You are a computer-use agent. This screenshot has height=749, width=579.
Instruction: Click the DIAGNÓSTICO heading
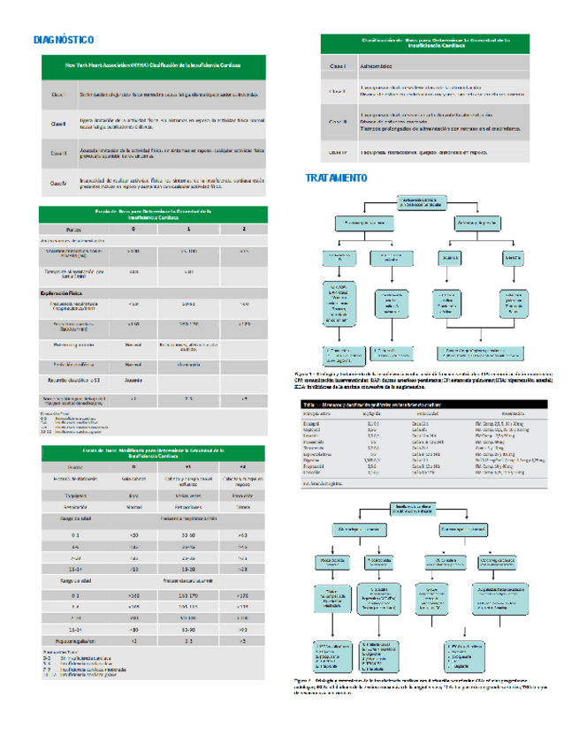[63, 40]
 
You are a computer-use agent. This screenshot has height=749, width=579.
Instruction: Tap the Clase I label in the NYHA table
[58, 95]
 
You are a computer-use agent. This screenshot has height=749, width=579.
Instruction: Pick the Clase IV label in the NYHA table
[58, 183]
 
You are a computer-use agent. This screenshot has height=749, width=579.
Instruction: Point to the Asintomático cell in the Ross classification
[381, 66]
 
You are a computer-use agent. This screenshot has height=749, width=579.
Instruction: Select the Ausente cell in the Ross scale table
[133, 381]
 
